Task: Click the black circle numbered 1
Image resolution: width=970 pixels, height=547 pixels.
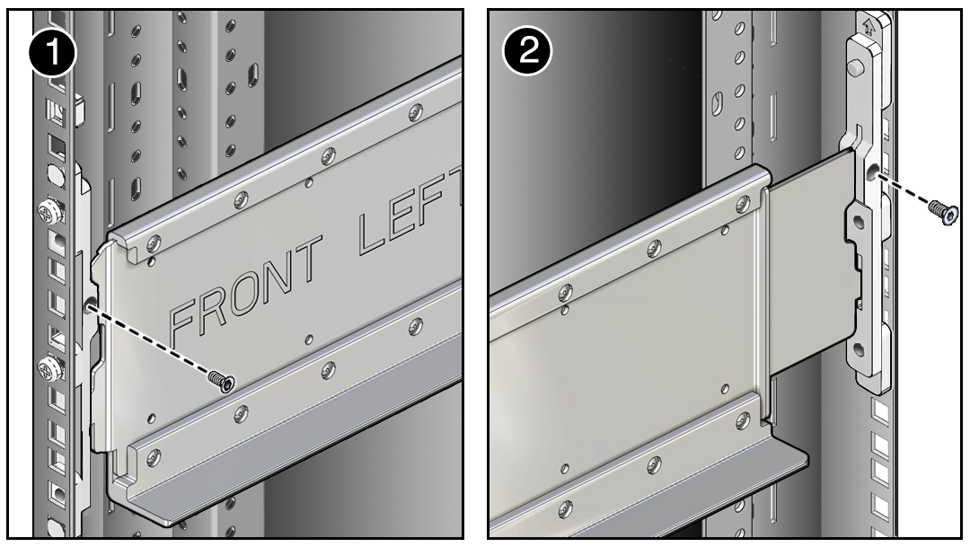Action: click(x=53, y=54)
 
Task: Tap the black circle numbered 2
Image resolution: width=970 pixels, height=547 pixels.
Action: click(x=527, y=50)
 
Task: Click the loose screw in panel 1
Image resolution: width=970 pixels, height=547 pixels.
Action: click(x=221, y=381)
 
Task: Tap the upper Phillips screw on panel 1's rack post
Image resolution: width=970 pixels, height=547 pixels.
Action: click(x=50, y=212)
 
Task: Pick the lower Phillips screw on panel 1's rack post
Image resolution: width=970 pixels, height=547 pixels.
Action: click(x=50, y=369)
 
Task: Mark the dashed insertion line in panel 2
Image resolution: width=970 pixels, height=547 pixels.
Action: click(x=903, y=190)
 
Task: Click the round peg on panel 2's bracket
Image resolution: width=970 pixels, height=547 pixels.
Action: click(x=856, y=66)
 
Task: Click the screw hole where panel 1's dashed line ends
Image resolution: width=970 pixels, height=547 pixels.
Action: click(x=90, y=304)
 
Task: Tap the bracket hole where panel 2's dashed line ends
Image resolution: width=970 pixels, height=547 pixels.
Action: click(x=872, y=174)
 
